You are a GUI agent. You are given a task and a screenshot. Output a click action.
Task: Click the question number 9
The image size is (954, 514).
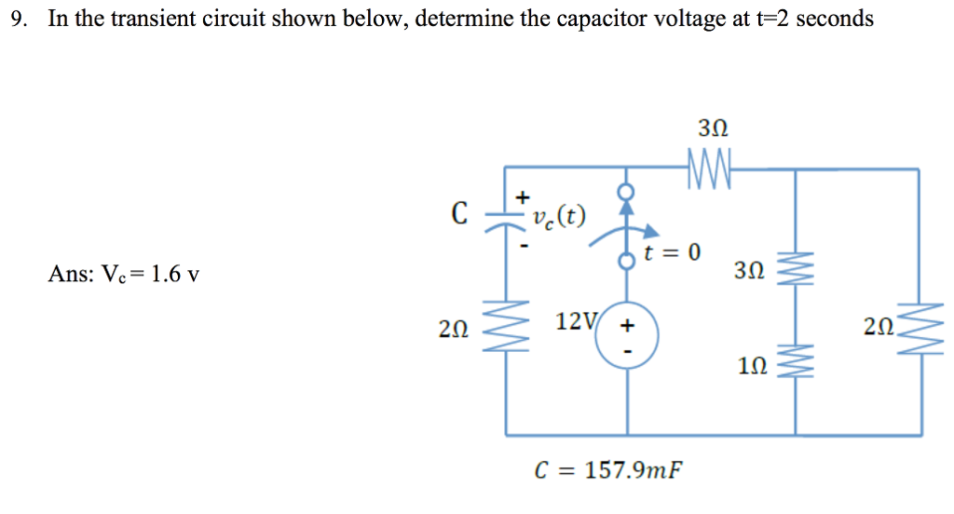coord(17,19)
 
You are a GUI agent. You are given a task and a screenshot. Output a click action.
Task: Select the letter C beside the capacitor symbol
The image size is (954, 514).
coord(458,215)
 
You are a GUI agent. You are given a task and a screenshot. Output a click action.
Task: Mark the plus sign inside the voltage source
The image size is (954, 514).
coord(626,326)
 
